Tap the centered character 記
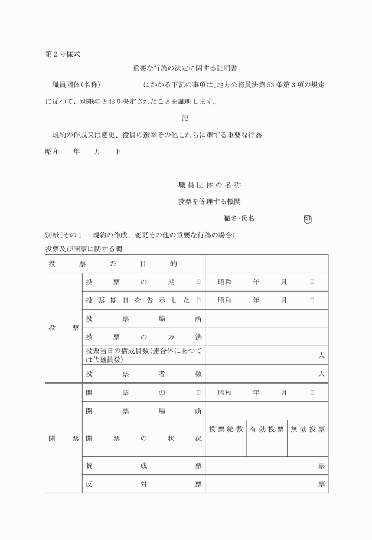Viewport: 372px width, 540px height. point(185,118)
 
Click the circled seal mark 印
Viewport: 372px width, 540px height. point(308,218)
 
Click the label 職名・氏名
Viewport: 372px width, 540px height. point(239,218)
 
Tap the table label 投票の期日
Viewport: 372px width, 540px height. point(143,282)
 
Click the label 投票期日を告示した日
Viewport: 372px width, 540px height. point(143,300)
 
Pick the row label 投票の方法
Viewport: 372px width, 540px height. point(143,337)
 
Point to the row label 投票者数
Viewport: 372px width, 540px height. point(143,374)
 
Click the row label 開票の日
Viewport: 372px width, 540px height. point(143,392)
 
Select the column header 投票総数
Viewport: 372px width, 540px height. point(226,429)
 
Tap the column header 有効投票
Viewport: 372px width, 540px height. point(267,429)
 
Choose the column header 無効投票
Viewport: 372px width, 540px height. point(308,429)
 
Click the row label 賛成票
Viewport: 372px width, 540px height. point(143,466)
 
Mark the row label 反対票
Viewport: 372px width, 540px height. point(143,485)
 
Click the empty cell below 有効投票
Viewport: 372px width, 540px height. point(267,447)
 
